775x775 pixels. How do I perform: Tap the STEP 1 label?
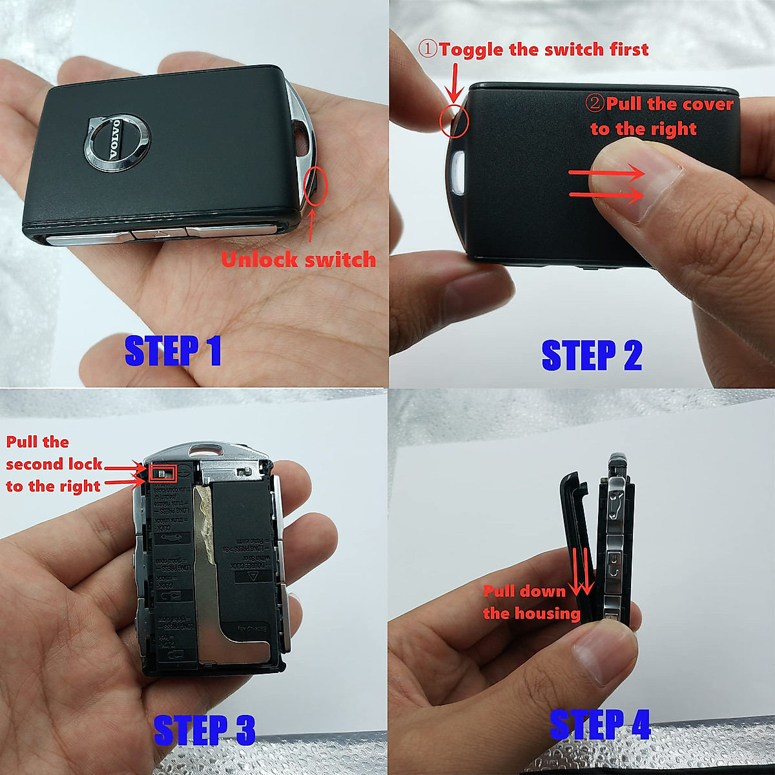(x=172, y=351)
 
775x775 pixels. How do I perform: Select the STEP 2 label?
(x=592, y=355)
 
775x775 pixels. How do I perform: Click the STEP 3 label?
(x=204, y=730)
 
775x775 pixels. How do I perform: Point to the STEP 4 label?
(x=599, y=724)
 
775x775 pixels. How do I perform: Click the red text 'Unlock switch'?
(x=298, y=260)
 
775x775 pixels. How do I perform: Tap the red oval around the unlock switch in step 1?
(x=316, y=186)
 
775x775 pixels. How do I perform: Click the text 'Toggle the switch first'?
(x=533, y=49)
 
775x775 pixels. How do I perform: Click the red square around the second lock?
(x=163, y=473)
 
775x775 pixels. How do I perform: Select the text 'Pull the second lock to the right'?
(x=54, y=464)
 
